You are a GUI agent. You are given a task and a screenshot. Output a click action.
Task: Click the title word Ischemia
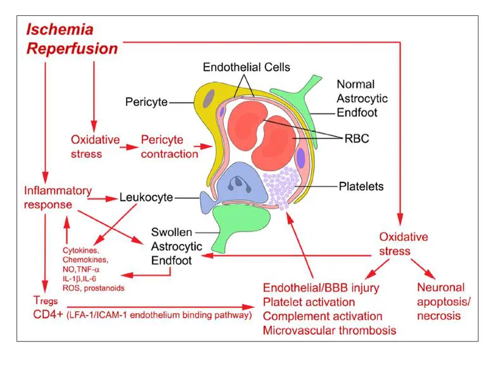point(60,29)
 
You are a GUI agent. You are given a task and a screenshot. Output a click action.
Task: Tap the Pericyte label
point(146,101)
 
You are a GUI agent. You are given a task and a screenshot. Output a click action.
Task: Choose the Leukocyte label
point(146,198)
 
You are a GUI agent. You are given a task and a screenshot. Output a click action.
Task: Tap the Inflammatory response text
point(57,198)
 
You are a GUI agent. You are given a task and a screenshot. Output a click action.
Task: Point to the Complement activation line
point(323,316)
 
